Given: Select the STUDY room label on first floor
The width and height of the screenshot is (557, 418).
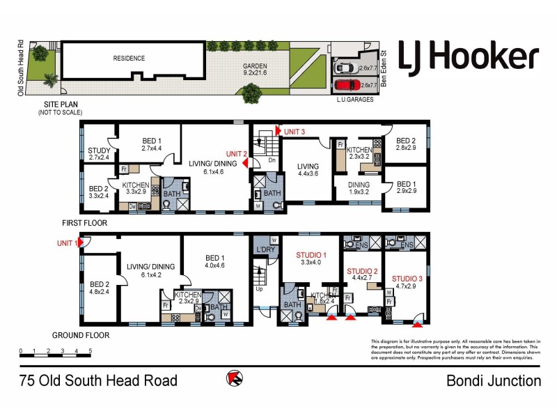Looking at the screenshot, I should coord(100,153).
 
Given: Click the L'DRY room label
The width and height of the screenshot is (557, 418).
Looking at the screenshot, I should coord(263,249).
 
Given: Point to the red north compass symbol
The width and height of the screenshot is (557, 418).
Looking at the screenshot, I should coord(235,380).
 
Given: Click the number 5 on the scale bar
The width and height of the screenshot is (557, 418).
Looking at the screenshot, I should coord(91,350).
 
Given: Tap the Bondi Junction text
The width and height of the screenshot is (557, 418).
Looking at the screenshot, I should coord(493,381).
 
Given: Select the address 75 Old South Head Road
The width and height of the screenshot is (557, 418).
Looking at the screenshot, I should coord(98,381).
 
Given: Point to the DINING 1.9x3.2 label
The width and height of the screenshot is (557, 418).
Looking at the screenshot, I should coord(348,187).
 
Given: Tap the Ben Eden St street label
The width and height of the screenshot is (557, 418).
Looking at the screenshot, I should coord(382,66).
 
